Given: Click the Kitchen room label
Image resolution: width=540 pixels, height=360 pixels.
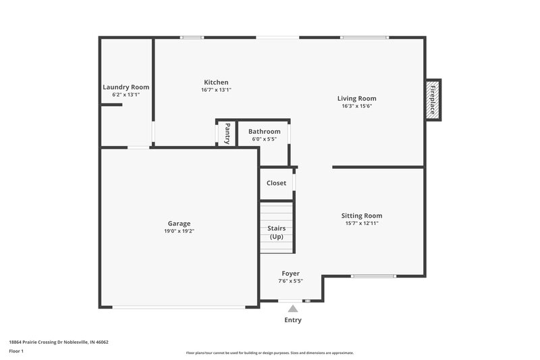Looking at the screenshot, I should pos(216,82).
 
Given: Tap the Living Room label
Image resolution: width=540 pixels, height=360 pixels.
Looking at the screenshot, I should pos(357,99).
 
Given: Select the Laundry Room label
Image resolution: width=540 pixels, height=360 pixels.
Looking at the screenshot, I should pos(126,87).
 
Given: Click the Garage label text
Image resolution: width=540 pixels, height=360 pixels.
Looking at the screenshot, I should pos(179,224).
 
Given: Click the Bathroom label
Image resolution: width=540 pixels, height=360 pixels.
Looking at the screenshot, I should pos(264,132).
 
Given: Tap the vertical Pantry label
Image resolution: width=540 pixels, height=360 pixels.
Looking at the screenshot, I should pos(227,132).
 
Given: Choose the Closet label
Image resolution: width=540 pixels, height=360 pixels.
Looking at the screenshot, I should pos(276,183).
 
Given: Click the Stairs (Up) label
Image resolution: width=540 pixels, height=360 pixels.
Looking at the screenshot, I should pos(276,232).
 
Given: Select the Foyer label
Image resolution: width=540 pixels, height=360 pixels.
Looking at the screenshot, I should pos(290,274).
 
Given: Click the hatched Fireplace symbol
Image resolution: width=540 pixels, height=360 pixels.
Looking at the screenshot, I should pos(433,99).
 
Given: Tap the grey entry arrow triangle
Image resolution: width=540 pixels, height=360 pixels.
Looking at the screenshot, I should pos(293,308).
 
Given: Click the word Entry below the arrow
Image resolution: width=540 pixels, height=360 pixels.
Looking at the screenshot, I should pos(293,320).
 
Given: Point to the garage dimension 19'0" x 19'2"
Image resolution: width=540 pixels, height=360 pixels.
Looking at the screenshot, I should pos(179,231).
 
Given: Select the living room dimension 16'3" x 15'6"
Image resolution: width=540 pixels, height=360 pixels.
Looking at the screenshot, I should pos(357,106).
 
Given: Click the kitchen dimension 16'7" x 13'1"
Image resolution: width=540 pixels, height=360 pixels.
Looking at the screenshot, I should pos(216,90).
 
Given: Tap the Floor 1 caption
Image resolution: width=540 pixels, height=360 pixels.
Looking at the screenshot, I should pos(16,351).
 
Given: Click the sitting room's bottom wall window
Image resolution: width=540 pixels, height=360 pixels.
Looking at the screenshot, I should pos(373,276).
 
